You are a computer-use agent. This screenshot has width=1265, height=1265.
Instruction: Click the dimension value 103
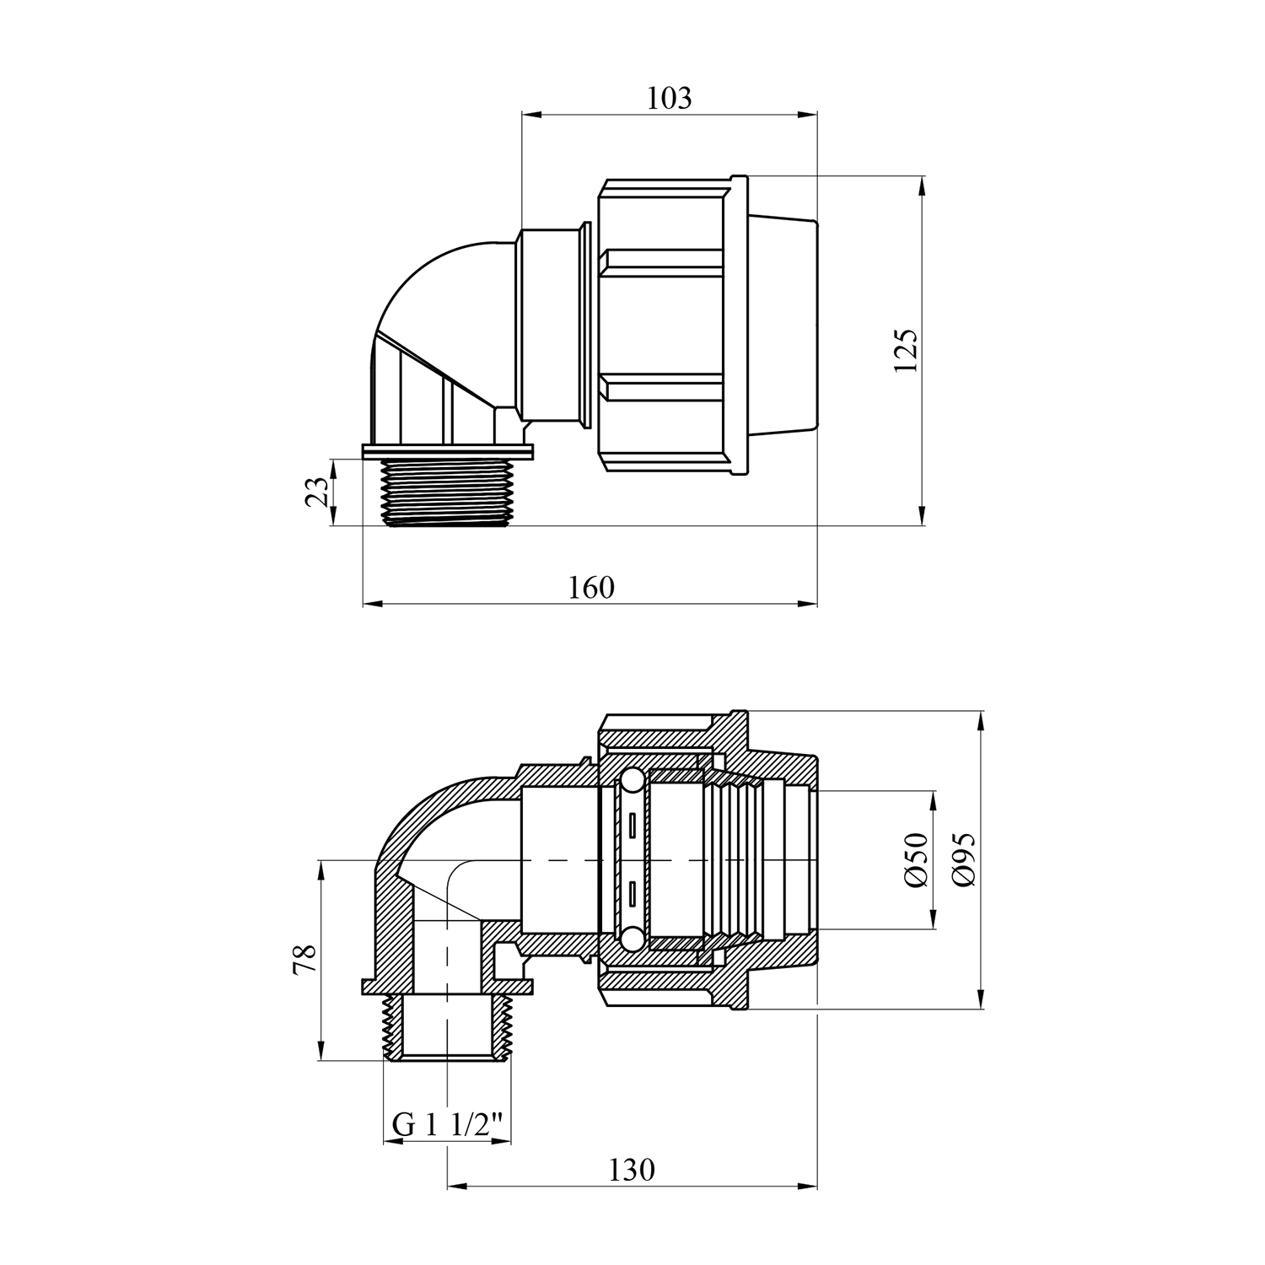pyautogui.click(x=669, y=99)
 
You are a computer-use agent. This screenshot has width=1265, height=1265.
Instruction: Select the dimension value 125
pyautogui.click(x=906, y=351)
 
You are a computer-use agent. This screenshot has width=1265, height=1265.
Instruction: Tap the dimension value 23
pyautogui.click(x=317, y=492)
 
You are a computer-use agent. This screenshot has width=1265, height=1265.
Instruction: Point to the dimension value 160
pyautogui.click(x=591, y=587)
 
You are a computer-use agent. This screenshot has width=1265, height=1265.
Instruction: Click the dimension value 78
pyautogui.click(x=304, y=960)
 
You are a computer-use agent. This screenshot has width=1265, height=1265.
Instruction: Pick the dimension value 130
pyautogui.click(x=631, y=1170)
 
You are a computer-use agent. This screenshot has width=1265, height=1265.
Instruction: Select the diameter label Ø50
pyautogui.click(x=916, y=859)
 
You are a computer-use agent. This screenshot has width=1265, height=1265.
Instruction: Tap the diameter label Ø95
pyautogui.click(x=963, y=859)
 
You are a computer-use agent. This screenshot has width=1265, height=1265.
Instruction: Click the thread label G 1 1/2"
pyautogui.click(x=448, y=1124)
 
